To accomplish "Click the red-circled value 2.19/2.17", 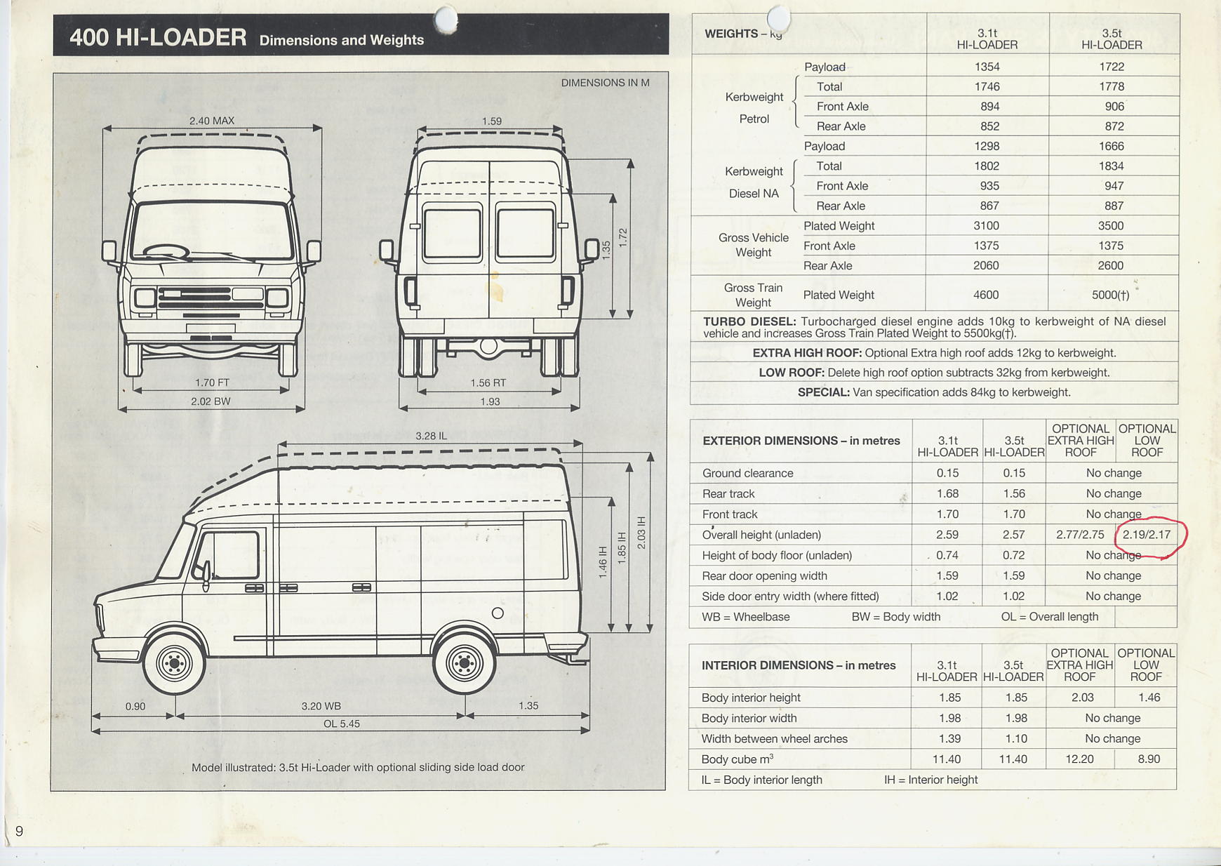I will (1147, 535).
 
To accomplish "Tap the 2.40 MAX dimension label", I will (211, 121).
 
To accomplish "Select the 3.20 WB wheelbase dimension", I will (321, 706).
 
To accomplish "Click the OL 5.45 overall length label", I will (341, 724).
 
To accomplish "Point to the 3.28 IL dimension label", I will (431, 436).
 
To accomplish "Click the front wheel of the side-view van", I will (174, 662).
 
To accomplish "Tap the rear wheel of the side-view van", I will (464, 662).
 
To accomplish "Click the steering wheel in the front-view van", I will (166, 251).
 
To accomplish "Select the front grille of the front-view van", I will (211, 298).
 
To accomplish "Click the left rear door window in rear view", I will (452, 234).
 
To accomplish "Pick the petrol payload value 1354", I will (987, 67).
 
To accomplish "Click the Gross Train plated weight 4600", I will (986, 295).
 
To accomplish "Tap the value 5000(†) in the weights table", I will (1110, 295).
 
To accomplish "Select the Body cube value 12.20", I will (1079, 759).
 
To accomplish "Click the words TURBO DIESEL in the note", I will (749, 321).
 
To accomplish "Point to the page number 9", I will (19, 832).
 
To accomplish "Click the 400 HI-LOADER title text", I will (158, 36).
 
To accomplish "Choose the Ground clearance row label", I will (747, 473).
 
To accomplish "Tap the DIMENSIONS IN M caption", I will (605, 83).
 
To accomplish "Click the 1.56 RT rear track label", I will (488, 382).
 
